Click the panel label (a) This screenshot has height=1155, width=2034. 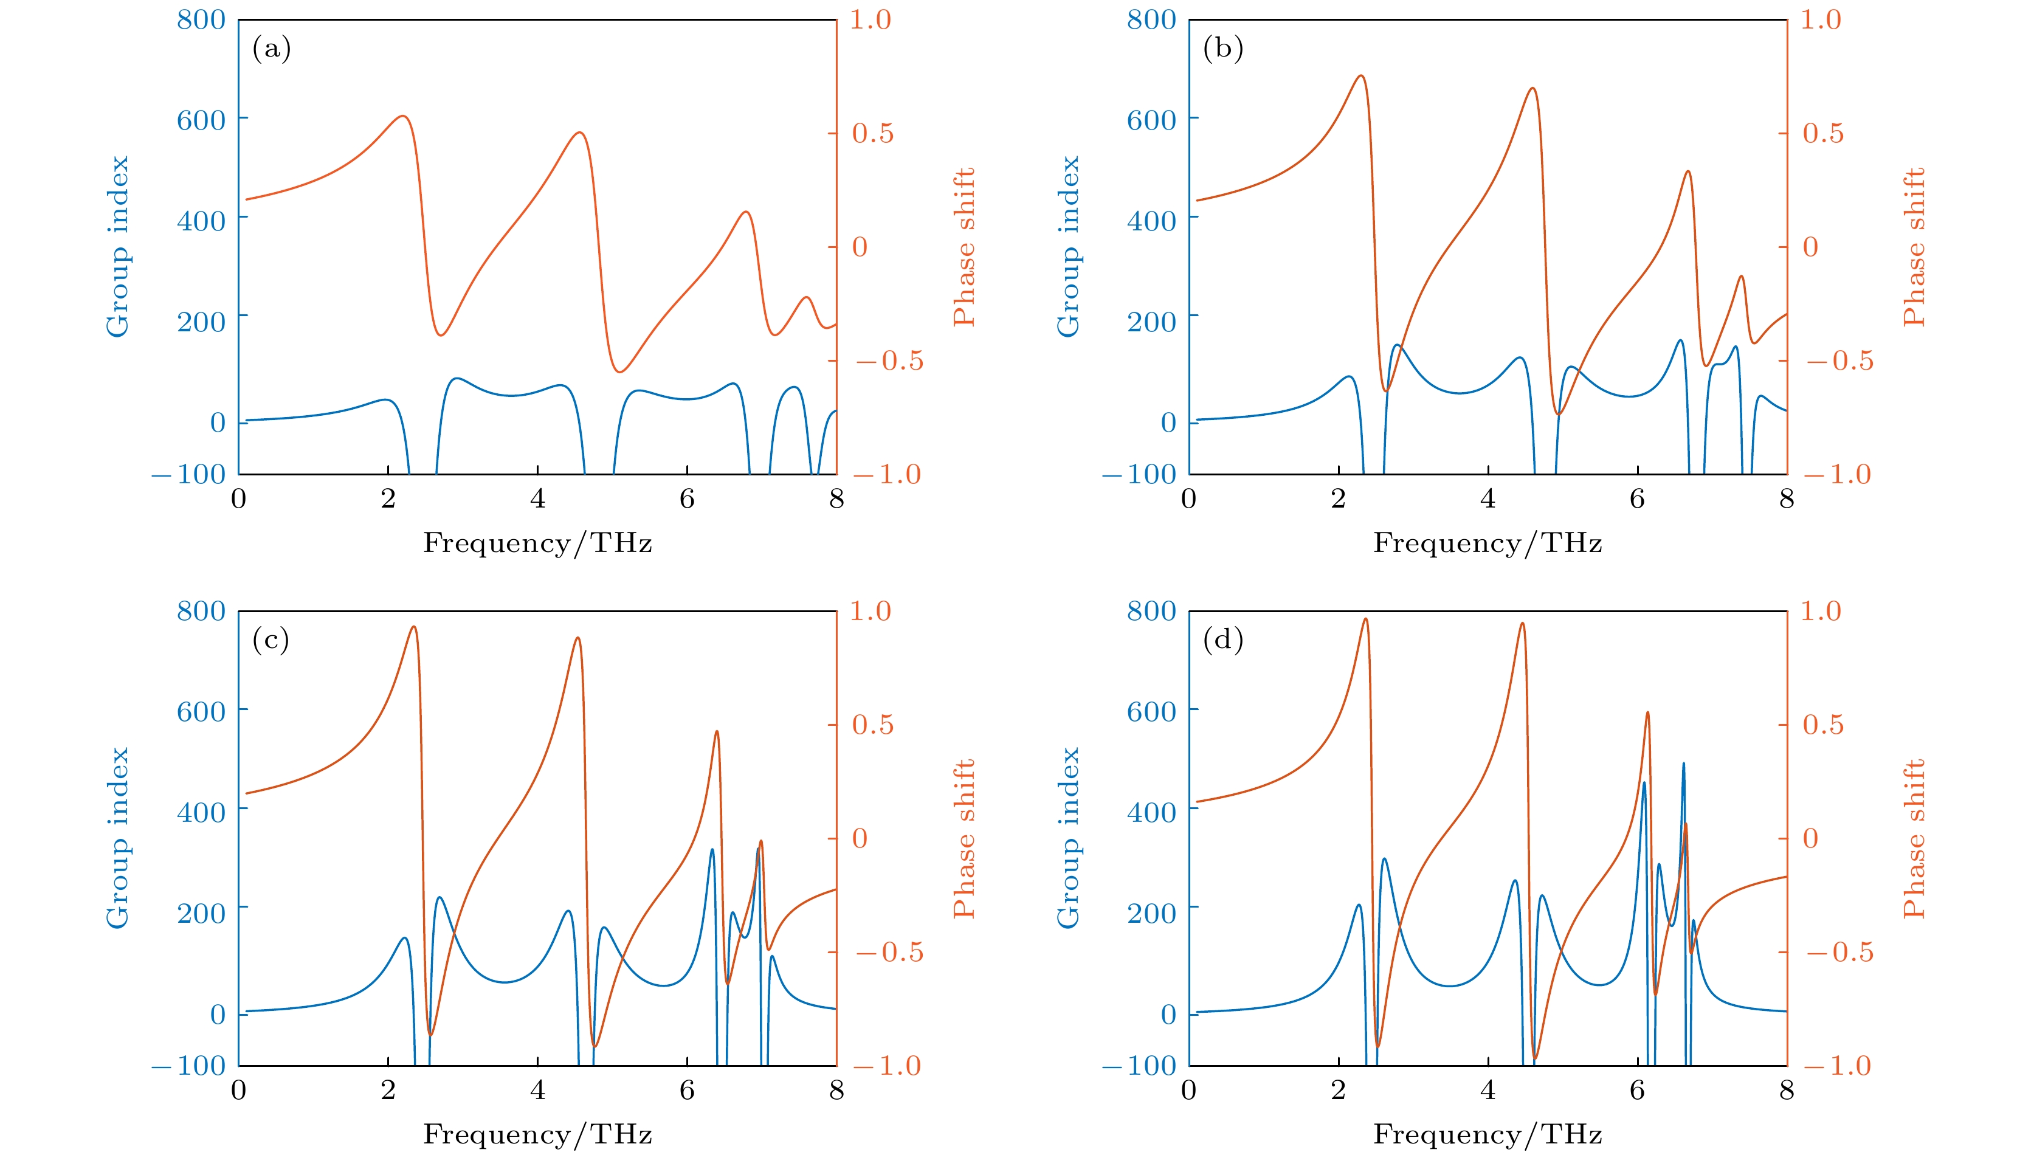271,49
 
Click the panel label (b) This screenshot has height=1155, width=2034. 1222,49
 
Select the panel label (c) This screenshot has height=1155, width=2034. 271,640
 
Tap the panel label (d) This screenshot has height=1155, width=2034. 1222,640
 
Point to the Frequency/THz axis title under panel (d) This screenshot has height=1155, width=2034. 1488,1134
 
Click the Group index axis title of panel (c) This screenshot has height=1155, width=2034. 117,838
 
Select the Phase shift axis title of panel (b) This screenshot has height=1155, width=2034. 1914,247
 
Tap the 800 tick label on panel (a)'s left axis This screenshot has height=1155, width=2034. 201,20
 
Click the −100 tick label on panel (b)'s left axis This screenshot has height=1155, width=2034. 1139,474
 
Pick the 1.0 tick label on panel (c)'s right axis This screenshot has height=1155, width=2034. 870,611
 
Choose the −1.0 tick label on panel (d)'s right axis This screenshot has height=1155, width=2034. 1838,1066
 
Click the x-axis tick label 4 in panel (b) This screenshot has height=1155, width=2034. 1488,499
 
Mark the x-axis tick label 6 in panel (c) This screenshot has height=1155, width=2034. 687,1090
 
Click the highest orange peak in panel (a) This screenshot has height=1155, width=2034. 403,117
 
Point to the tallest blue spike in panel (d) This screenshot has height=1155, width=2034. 1683,764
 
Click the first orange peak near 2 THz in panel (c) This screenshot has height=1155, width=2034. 413,627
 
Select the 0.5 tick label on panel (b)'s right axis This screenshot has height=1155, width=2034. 1823,133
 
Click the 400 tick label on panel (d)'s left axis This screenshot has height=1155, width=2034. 1151,812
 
